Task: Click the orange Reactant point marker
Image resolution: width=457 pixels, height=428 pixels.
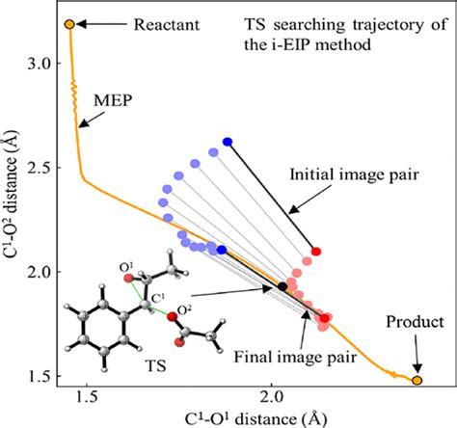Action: click(x=69, y=23)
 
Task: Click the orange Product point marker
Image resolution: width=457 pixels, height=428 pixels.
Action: click(x=417, y=381)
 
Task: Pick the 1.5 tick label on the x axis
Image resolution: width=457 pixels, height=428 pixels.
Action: click(x=87, y=398)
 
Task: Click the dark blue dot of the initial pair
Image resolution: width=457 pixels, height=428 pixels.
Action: click(x=228, y=142)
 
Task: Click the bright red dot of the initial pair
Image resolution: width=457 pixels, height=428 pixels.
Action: click(x=316, y=252)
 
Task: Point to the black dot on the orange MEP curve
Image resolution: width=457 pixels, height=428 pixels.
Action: click(x=282, y=286)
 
